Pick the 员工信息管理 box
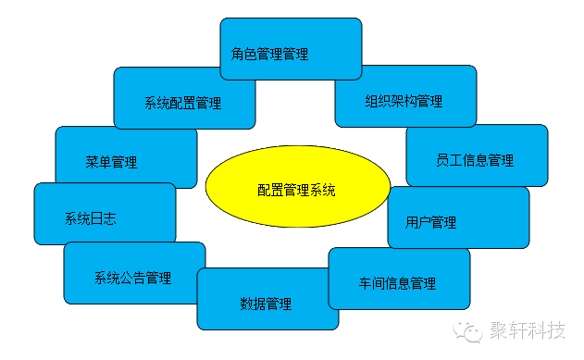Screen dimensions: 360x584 [477, 155]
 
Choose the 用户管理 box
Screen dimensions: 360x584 [458, 217]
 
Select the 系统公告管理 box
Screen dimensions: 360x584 [134, 272]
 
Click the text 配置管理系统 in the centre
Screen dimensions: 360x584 [296, 191]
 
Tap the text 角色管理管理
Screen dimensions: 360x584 [269, 54]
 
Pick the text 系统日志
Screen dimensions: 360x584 [90, 218]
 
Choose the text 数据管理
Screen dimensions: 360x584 [266, 304]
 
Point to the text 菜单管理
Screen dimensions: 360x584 [111, 162]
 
